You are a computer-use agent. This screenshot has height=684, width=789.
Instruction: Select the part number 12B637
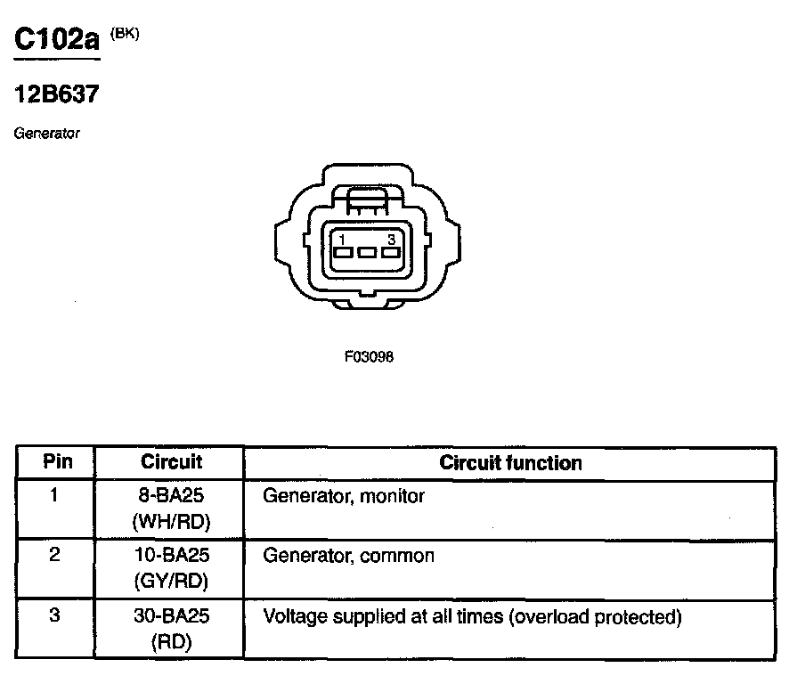(x=55, y=95)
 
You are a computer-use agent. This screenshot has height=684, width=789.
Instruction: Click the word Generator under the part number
(x=47, y=134)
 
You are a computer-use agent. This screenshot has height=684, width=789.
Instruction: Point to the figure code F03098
(x=369, y=356)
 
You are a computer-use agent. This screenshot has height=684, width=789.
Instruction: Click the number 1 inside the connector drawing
(x=342, y=238)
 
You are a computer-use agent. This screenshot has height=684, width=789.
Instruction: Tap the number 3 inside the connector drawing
(x=391, y=238)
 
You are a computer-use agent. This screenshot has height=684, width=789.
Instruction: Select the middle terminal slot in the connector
(x=367, y=253)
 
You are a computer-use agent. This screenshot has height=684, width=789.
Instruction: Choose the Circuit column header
(x=171, y=462)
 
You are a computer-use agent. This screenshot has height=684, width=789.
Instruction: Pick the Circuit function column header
(x=510, y=463)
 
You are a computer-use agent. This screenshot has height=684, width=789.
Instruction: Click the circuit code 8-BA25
(x=170, y=495)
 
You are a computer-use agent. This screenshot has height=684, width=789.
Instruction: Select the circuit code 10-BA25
(x=170, y=556)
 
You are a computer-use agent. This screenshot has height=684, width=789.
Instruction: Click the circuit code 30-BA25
(x=170, y=616)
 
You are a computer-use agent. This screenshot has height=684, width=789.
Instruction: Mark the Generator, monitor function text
(x=344, y=496)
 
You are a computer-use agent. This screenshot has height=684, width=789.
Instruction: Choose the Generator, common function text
(x=349, y=557)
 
